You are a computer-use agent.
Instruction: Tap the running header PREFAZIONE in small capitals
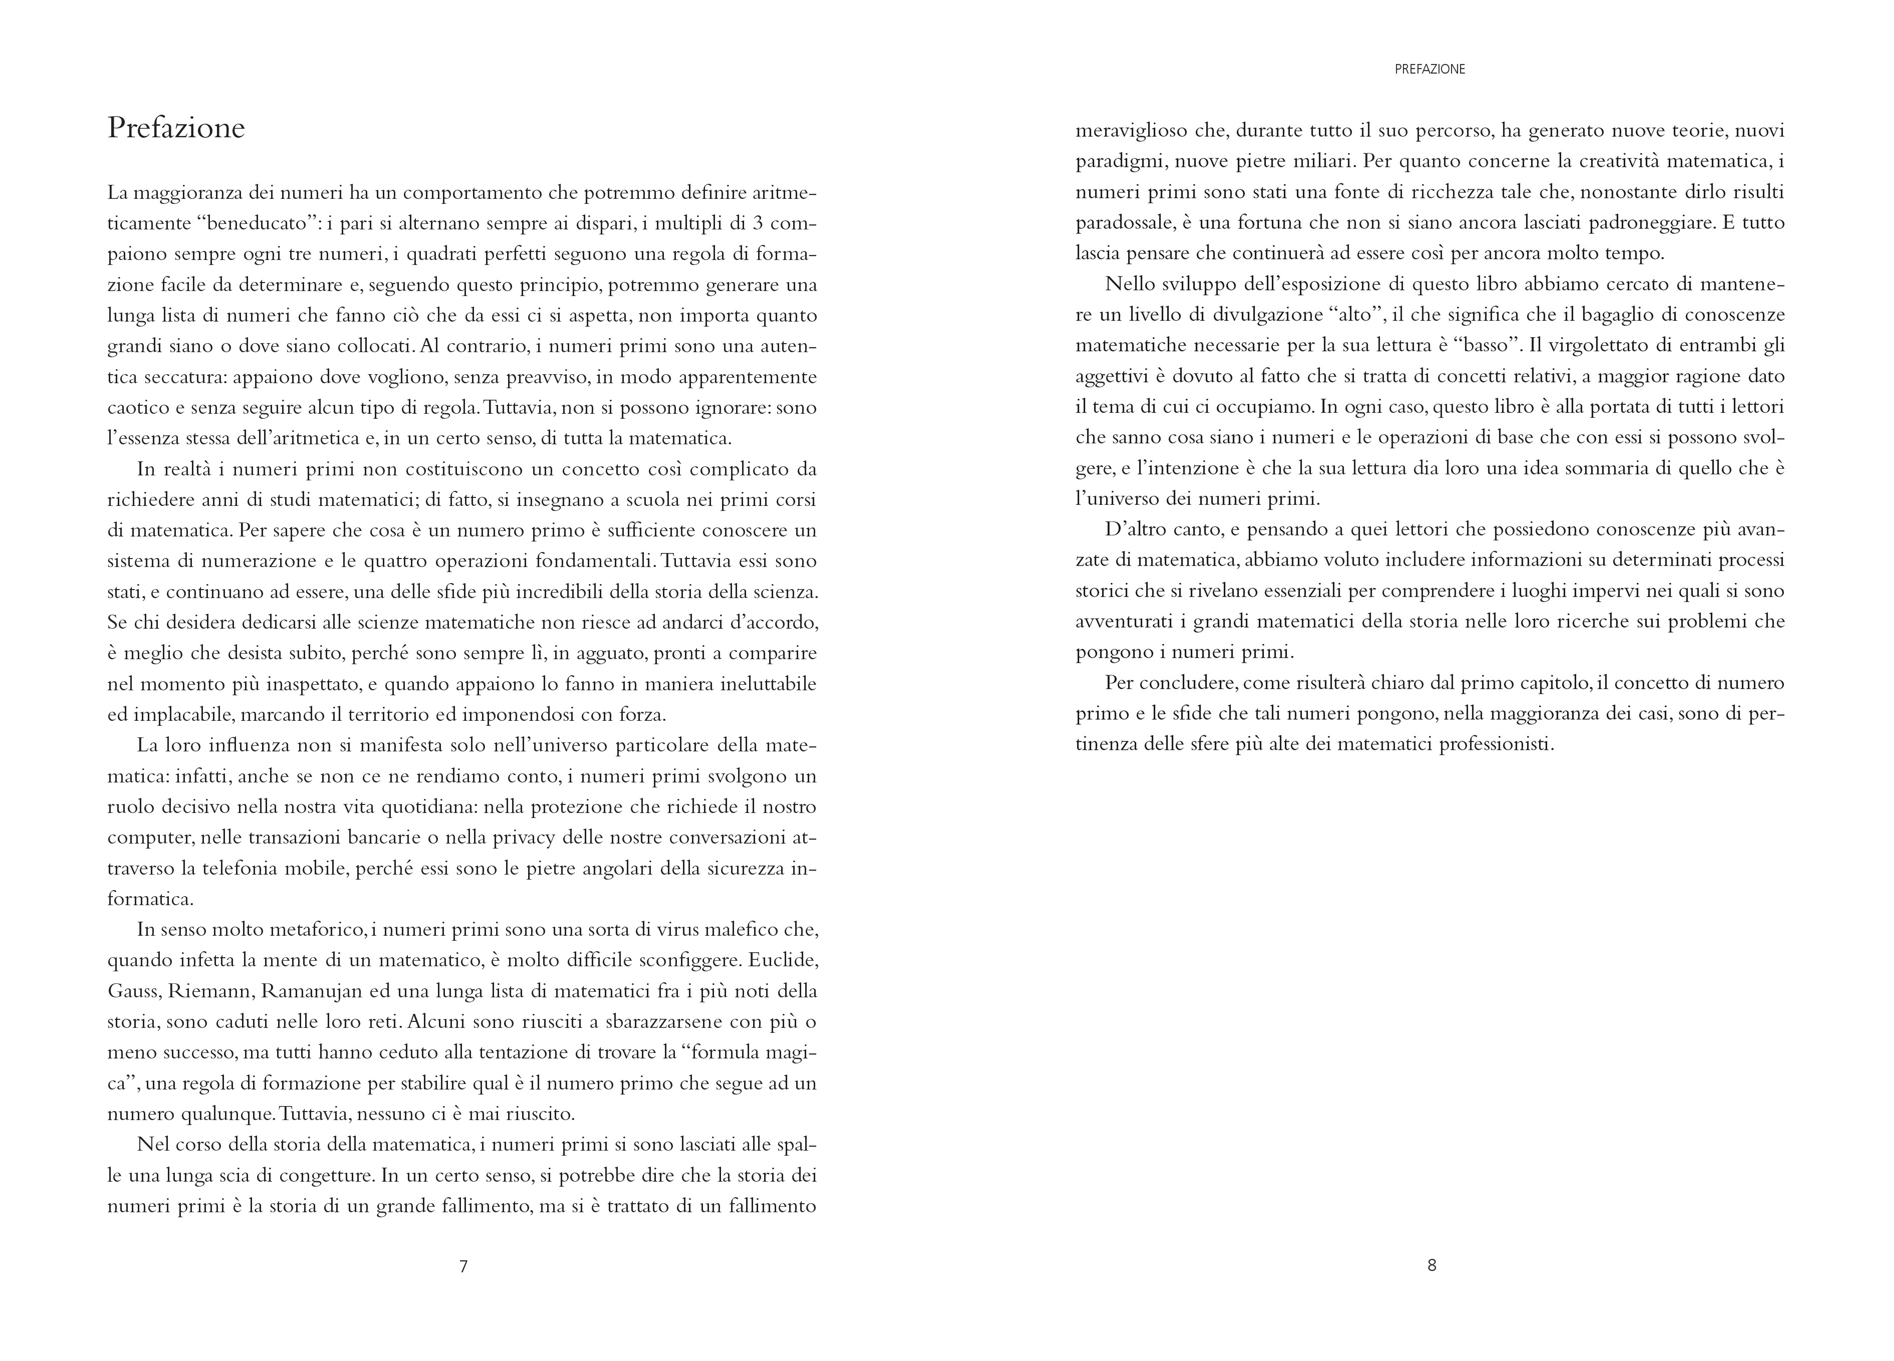[x=1430, y=69]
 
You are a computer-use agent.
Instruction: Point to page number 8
[x=1432, y=1265]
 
